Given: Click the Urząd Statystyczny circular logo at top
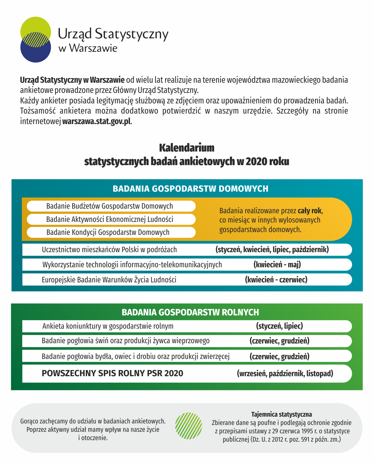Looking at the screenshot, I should (x=35, y=40).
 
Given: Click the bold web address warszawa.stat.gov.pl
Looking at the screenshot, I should (x=97, y=121).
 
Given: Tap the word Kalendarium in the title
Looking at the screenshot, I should (x=187, y=148).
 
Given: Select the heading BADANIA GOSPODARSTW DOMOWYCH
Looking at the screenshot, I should (x=190, y=189).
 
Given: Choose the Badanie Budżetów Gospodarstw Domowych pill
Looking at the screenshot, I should (x=110, y=206).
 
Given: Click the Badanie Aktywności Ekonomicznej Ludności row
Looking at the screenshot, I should (x=110, y=219).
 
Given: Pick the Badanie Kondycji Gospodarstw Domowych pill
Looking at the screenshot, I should (x=108, y=232).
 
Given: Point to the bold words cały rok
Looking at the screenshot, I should (x=310, y=211).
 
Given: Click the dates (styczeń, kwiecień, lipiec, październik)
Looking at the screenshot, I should (x=272, y=249).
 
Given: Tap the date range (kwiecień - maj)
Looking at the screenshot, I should (x=277, y=264).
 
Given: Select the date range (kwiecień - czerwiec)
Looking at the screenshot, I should (x=276, y=280).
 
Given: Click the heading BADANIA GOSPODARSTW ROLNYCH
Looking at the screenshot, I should (x=190, y=312).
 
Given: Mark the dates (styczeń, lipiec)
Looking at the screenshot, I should (x=279, y=326).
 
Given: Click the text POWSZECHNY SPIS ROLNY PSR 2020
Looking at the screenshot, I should (x=112, y=373).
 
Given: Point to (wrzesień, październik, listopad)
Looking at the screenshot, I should (x=285, y=374).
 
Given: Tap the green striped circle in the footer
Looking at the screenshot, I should (x=189, y=426).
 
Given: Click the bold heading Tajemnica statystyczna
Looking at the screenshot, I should (x=281, y=414).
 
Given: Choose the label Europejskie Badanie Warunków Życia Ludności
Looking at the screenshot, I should (x=109, y=280).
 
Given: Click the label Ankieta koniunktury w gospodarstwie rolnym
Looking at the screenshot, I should (x=108, y=326).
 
